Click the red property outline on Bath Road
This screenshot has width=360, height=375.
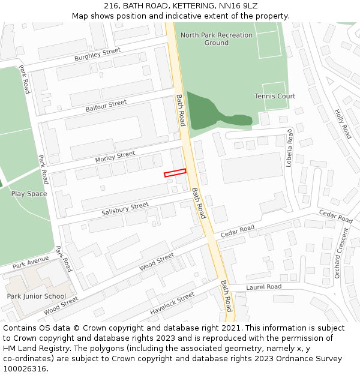pos(175,173)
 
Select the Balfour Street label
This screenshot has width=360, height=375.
pos(106,106)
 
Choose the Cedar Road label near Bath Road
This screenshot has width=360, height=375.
pos(238,230)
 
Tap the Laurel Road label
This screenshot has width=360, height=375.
pos(263,287)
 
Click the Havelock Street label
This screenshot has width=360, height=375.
pos(172,304)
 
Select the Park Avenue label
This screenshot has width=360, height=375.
pos(30,262)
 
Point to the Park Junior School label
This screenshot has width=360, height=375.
pos(36,296)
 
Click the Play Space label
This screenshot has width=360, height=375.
pos(29,194)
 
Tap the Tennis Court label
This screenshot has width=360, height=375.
pos(275,96)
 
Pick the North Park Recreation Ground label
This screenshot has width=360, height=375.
pos(217,39)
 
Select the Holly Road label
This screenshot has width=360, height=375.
pos(343,124)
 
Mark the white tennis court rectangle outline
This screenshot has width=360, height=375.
pos(275,96)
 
